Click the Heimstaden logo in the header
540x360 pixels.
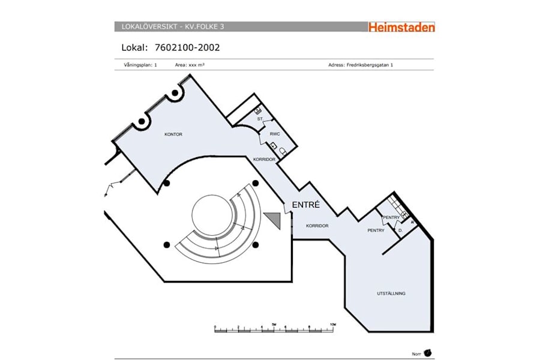tap(401, 27)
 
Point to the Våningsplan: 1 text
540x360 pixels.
tap(137, 65)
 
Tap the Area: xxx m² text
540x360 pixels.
tap(190, 65)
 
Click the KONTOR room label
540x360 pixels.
tap(173, 134)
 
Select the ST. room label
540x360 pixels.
tap(260, 119)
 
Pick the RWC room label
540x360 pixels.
tap(275, 134)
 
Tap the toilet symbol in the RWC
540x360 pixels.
tap(283, 151)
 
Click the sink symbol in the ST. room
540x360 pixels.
tap(258, 110)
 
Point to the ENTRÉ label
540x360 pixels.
tap(306, 205)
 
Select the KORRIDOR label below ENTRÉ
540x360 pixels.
tap(317, 226)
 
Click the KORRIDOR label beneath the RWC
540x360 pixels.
tap(264, 160)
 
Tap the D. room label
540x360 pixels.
tap(400, 230)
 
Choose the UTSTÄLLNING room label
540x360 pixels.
tap(391, 293)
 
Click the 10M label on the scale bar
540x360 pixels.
tap(333, 324)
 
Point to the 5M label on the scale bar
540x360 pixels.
tap(274, 324)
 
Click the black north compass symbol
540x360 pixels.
tap(428, 353)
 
